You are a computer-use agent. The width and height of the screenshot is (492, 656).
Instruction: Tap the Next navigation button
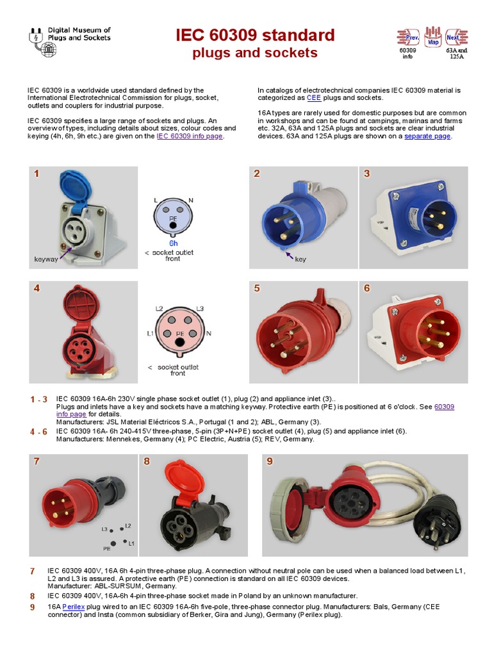click(456, 37)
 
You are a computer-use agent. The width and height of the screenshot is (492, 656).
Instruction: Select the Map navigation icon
click(433, 37)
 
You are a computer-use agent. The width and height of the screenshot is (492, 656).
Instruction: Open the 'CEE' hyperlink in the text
click(314, 98)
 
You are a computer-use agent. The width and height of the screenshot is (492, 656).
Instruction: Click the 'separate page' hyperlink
click(427, 136)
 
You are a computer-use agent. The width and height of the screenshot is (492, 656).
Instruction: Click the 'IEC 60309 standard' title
click(255, 35)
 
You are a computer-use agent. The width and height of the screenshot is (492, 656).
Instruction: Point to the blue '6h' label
click(174, 243)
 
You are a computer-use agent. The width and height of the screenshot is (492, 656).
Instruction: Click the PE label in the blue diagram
click(173, 218)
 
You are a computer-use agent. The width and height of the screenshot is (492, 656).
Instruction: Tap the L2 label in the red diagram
click(159, 309)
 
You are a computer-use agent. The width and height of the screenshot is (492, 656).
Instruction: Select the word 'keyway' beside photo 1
click(45, 259)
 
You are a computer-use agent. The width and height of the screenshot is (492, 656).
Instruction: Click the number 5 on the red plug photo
click(257, 288)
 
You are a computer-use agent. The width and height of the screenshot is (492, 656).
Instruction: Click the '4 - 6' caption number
click(38, 432)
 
